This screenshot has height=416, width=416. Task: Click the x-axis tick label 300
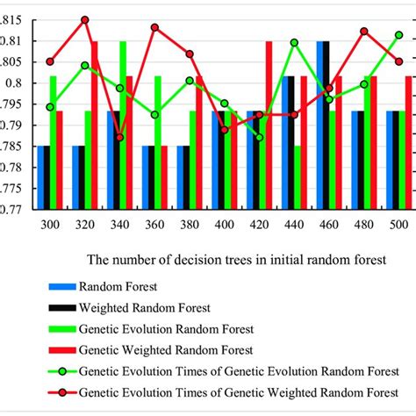50,226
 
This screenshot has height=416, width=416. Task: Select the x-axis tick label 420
259,226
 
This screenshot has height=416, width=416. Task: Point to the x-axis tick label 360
154,226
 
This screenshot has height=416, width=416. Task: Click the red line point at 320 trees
85,19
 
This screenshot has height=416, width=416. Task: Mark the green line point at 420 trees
259,137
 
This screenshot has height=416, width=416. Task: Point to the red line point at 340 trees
119,137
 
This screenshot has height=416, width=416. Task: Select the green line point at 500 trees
399,35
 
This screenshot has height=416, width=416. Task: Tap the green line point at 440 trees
294,42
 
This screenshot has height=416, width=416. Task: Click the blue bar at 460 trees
321,123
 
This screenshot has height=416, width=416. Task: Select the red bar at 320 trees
94,123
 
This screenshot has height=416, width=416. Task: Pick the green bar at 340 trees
123,123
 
